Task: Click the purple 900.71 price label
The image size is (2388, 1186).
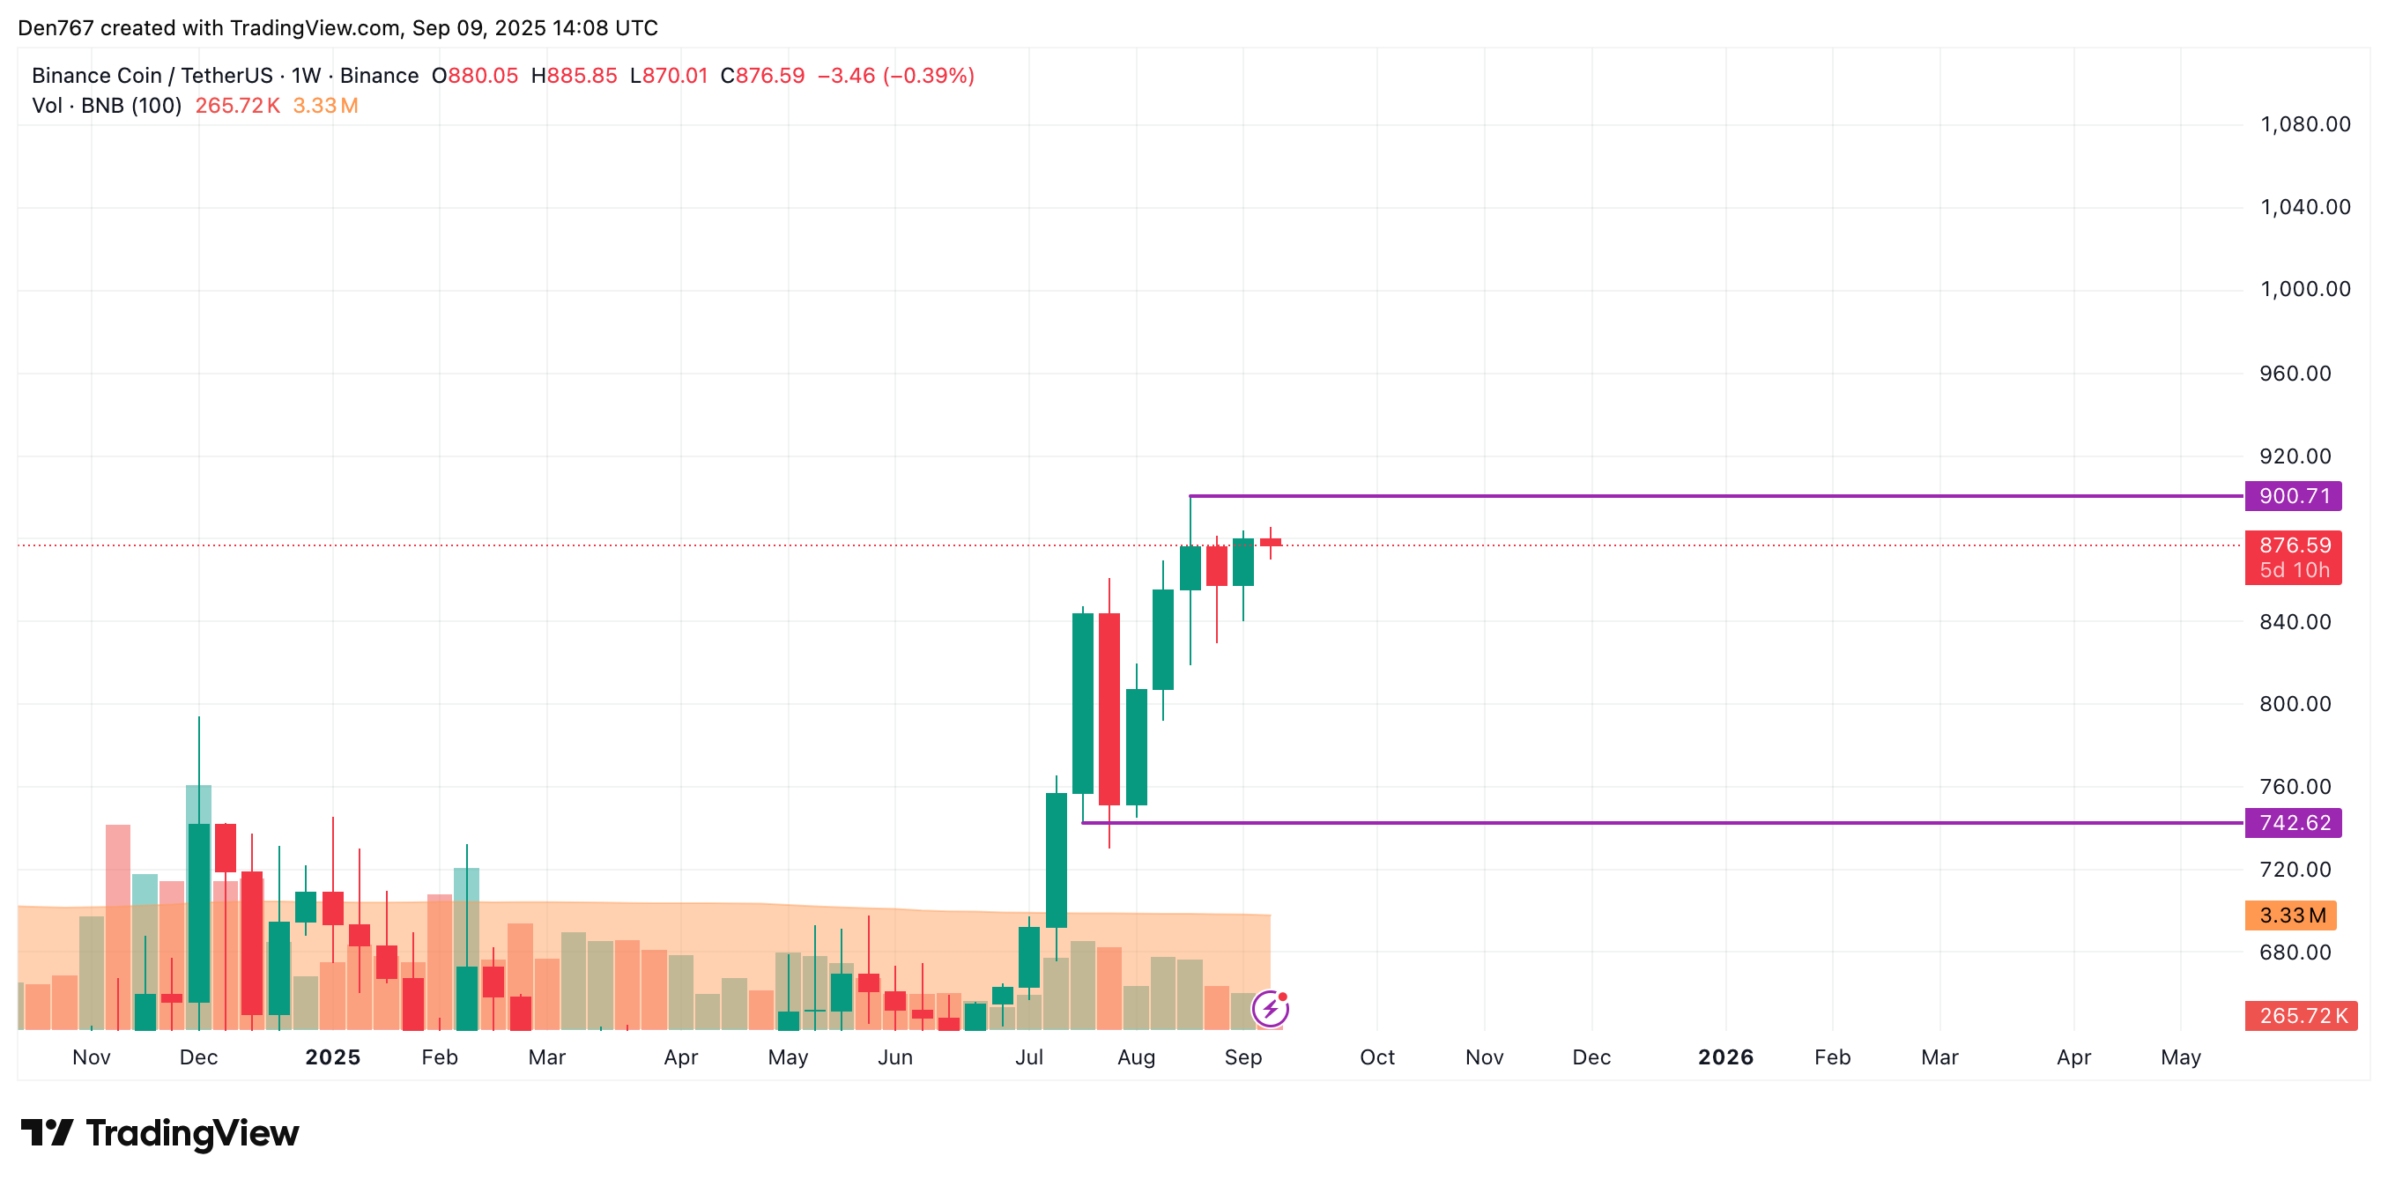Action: click(2293, 496)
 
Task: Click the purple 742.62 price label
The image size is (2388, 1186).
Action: click(2293, 822)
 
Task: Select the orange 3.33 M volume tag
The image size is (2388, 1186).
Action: click(2291, 915)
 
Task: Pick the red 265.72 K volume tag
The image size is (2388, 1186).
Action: click(2301, 1015)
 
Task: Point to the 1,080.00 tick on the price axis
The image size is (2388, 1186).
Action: click(2304, 124)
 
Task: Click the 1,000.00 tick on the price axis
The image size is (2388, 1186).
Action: click(2304, 289)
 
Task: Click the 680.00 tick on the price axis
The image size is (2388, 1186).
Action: click(2295, 953)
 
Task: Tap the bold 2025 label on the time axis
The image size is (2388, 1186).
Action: click(333, 1057)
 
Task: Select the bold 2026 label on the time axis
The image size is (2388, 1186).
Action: click(1725, 1057)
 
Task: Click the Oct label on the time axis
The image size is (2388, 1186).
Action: click(1376, 1057)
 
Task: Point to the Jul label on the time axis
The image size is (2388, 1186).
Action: click(1029, 1057)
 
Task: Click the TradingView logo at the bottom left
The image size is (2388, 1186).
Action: click(160, 1133)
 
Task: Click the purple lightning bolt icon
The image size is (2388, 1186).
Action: click(1269, 1009)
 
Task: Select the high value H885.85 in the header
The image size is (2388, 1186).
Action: click(573, 76)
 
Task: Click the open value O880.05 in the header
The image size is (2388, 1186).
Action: click(475, 76)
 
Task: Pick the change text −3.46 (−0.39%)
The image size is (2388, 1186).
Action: click(895, 76)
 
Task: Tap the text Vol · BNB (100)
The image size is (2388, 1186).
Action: click(107, 106)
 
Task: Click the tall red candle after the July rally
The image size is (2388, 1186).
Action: click(1109, 708)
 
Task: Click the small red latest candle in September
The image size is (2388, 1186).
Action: click(1270, 543)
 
